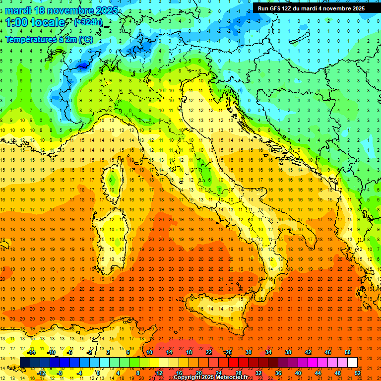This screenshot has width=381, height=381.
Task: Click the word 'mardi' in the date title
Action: coord(20,10)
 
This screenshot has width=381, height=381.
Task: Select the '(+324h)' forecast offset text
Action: coord(88,22)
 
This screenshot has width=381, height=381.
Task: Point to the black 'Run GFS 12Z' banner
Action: coord(311,8)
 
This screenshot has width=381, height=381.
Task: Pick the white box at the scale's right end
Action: coord(352,362)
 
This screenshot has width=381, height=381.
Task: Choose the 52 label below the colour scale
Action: coord(358,373)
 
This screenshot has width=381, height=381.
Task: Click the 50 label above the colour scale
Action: coord(348,352)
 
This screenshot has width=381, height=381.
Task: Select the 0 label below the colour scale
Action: coord(98,373)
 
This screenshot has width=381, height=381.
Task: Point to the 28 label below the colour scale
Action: coord(238,373)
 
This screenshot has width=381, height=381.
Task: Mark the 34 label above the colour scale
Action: coord(268,352)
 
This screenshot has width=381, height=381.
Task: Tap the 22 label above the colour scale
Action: coord(209,352)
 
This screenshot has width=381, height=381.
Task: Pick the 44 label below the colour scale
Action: coord(318,373)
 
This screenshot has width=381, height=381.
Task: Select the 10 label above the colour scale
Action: coord(149,352)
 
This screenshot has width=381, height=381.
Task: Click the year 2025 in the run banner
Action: coord(356,8)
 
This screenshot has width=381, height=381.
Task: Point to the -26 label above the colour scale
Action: coord(228,352)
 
